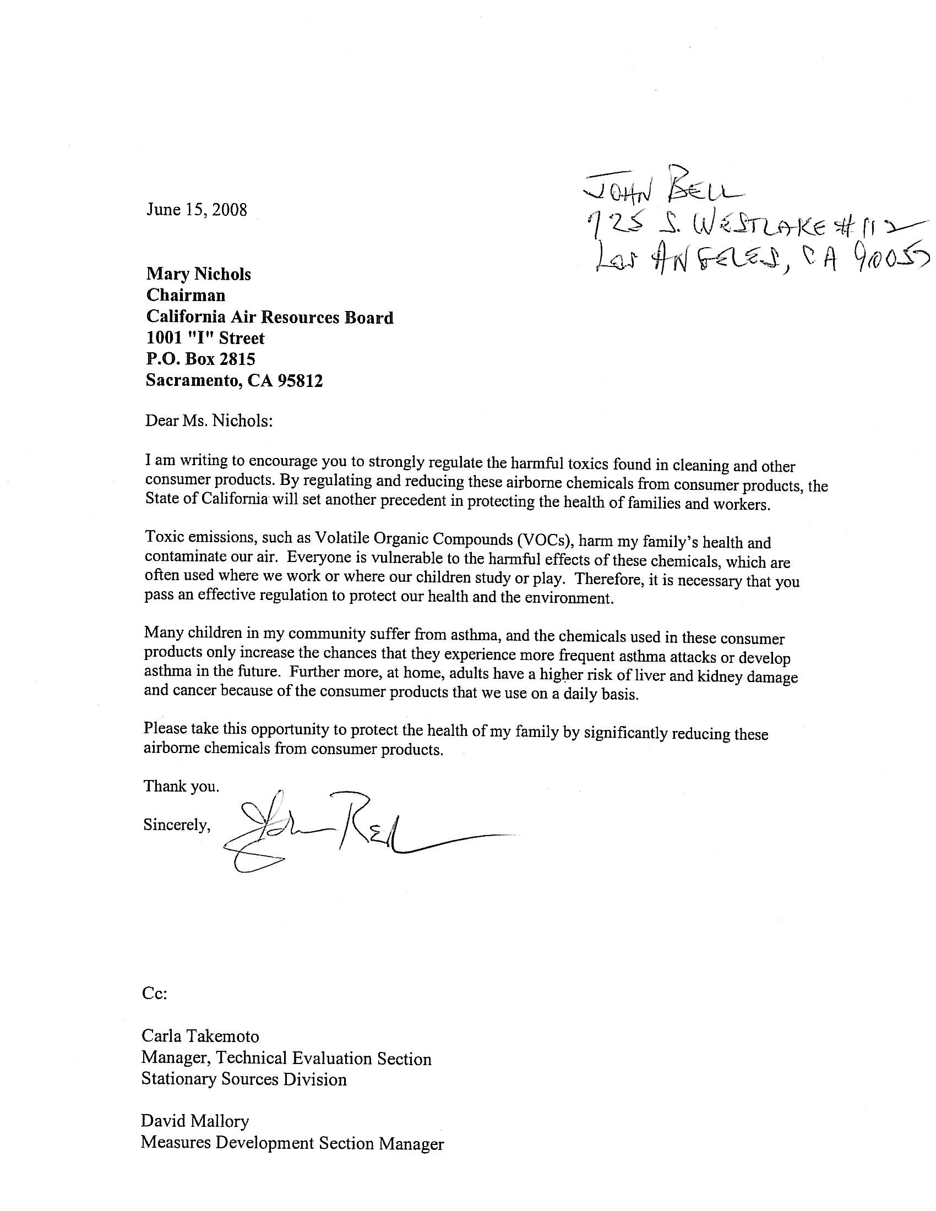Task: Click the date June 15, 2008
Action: click(x=197, y=210)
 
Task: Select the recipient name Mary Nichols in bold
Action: click(x=199, y=274)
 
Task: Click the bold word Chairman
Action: click(x=186, y=295)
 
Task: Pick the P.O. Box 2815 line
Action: click(x=200, y=359)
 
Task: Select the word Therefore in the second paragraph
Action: click(x=608, y=579)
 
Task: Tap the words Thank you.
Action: click(x=181, y=785)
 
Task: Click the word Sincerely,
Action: click(x=177, y=825)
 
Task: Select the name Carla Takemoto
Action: click(x=200, y=1036)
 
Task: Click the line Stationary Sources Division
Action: click(x=244, y=1078)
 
